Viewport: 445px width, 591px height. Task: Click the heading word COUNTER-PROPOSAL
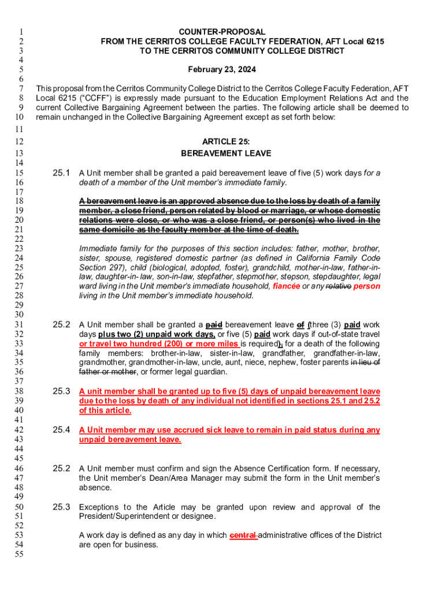[222, 32]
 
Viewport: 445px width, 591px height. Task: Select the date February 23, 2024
[222, 70]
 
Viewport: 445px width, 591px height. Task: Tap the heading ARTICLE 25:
[226, 141]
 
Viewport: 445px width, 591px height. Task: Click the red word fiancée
[287, 286]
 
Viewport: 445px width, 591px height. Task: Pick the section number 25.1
[61, 173]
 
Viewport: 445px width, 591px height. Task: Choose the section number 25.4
[61, 429]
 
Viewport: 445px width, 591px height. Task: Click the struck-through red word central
[243, 535]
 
